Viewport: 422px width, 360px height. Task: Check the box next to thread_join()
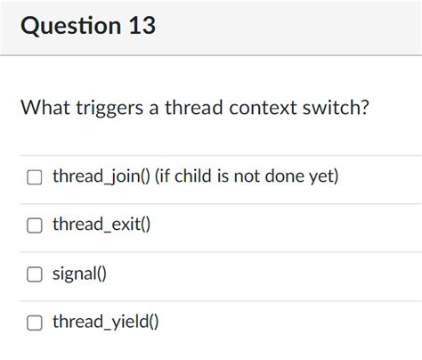click(x=34, y=177)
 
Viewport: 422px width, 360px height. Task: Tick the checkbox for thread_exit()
click(x=34, y=225)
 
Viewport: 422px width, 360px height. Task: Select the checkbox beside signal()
click(x=34, y=274)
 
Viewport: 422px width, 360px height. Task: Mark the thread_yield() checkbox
click(x=34, y=322)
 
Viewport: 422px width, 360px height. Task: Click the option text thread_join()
click(x=101, y=176)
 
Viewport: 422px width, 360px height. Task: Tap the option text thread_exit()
click(x=101, y=225)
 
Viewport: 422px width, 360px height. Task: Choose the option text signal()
click(x=79, y=274)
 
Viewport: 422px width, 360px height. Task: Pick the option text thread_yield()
click(x=105, y=322)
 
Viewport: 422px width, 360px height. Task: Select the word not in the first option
click(x=247, y=176)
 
